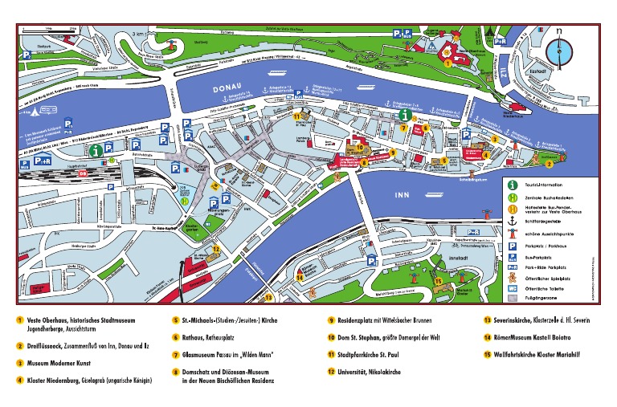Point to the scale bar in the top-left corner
(50, 30)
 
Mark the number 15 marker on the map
(438, 281)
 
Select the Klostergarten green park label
(191, 228)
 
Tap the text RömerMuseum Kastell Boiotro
(540, 336)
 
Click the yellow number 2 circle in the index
(19, 345)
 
